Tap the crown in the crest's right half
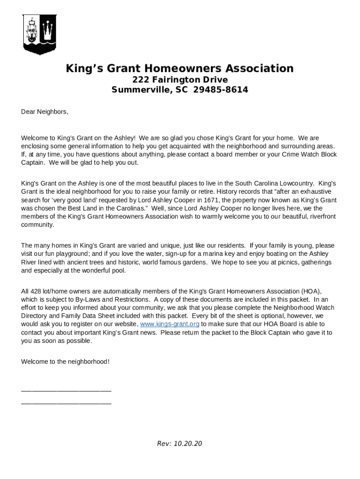pos(48,32)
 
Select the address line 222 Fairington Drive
pos(180,80)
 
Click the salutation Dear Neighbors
pos(44,112)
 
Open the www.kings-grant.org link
pos(170,324)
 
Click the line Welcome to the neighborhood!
pos(65,362)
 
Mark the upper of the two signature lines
pos(66,390)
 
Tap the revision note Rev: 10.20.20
pos(180,443)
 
